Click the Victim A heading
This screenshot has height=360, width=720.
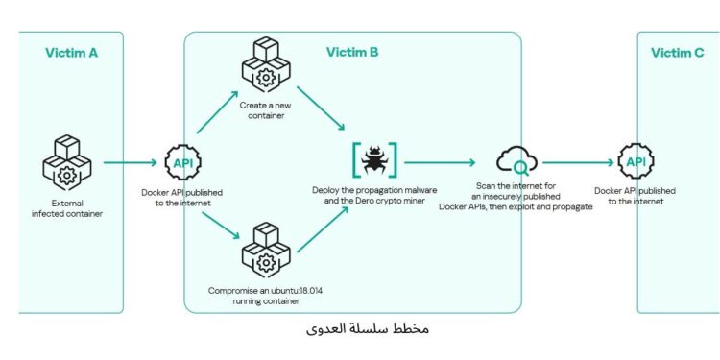(71, 52)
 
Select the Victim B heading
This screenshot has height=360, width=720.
(352, 52)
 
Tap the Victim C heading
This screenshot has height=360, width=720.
(677, 52)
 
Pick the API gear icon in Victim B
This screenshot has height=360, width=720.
(183, 162)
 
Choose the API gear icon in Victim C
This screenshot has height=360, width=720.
(636, 162)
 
